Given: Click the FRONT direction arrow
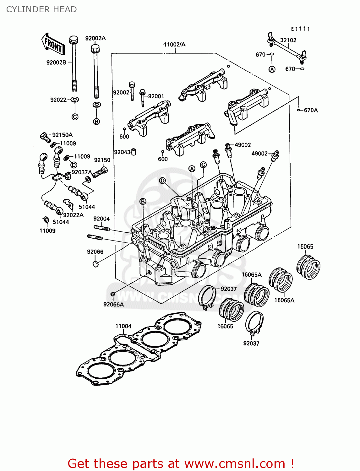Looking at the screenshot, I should (53, 45).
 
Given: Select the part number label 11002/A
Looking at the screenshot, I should (174, 45).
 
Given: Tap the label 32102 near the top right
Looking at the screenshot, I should (288, 40).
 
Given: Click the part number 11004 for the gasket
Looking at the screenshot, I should (123, 326).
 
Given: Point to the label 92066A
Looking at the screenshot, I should (113, 304).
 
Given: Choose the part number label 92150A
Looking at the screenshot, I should (62, 135).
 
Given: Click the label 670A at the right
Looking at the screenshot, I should (311, 110).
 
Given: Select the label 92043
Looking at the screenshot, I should (122, 152).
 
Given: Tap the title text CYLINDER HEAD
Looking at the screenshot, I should (41, 9).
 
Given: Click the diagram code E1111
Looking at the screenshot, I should (300, 29).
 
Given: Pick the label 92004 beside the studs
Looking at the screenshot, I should (101, 219).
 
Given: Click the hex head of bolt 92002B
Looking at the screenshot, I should (73, 40).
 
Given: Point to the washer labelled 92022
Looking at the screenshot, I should (75, 100).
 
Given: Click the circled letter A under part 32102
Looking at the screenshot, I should (272, 69).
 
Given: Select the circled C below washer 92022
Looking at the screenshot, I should (75, 117).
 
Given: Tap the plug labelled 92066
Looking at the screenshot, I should (96, 263).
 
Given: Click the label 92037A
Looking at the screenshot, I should (82, 172).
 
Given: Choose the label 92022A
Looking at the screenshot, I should (73, 215).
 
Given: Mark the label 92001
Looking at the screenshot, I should (156, 96).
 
